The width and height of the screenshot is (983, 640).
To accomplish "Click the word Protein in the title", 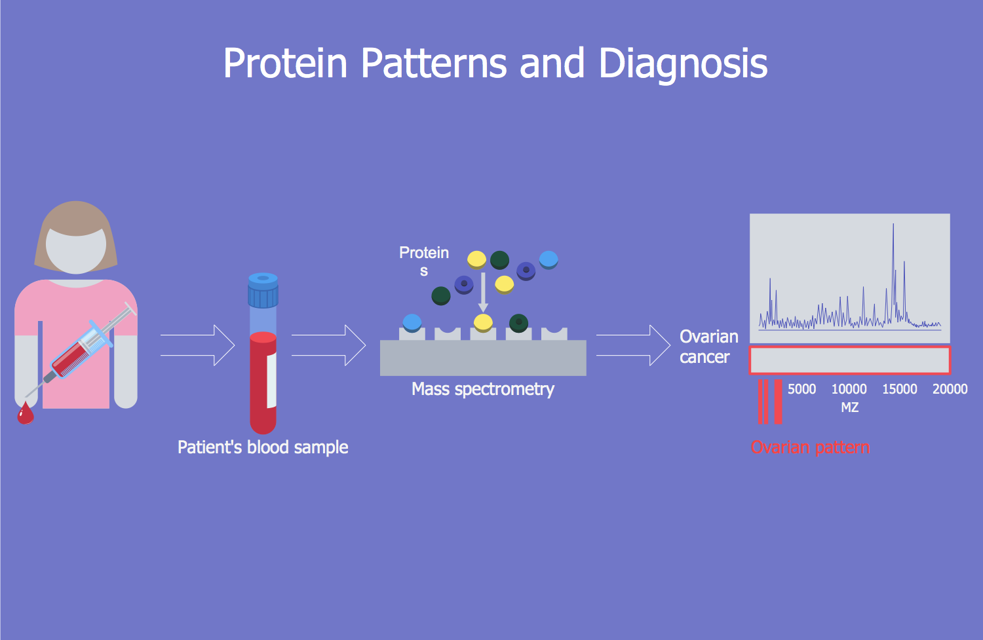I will (285, 64).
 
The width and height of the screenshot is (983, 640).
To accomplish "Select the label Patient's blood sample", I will (263, 447).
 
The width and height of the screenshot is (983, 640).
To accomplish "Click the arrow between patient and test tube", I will (197, 345).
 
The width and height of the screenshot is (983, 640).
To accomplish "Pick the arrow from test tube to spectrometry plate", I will (328, 345).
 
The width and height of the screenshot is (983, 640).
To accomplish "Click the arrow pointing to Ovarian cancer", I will (633, 345).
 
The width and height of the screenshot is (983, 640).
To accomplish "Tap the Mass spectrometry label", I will (483, 389).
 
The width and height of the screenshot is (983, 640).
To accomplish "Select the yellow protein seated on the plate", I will (483, 322).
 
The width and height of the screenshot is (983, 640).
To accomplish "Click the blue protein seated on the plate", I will (412, 322).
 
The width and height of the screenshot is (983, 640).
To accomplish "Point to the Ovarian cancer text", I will (708, 347).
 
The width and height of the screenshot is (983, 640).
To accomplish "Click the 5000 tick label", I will (801, 389).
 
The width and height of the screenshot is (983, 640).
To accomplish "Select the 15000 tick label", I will (899, 389).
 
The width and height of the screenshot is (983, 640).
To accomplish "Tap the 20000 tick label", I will (950, 389).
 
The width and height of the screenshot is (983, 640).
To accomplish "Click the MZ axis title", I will (849, 407).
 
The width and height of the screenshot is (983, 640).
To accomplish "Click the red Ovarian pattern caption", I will (810, 447).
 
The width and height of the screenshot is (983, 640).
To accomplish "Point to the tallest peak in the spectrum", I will (893, 229).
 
